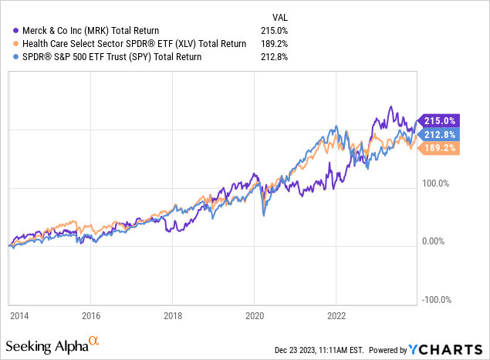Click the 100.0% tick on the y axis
436,183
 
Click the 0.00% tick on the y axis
436,241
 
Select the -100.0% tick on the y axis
435,300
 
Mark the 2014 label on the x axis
18,315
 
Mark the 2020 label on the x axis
255,315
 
